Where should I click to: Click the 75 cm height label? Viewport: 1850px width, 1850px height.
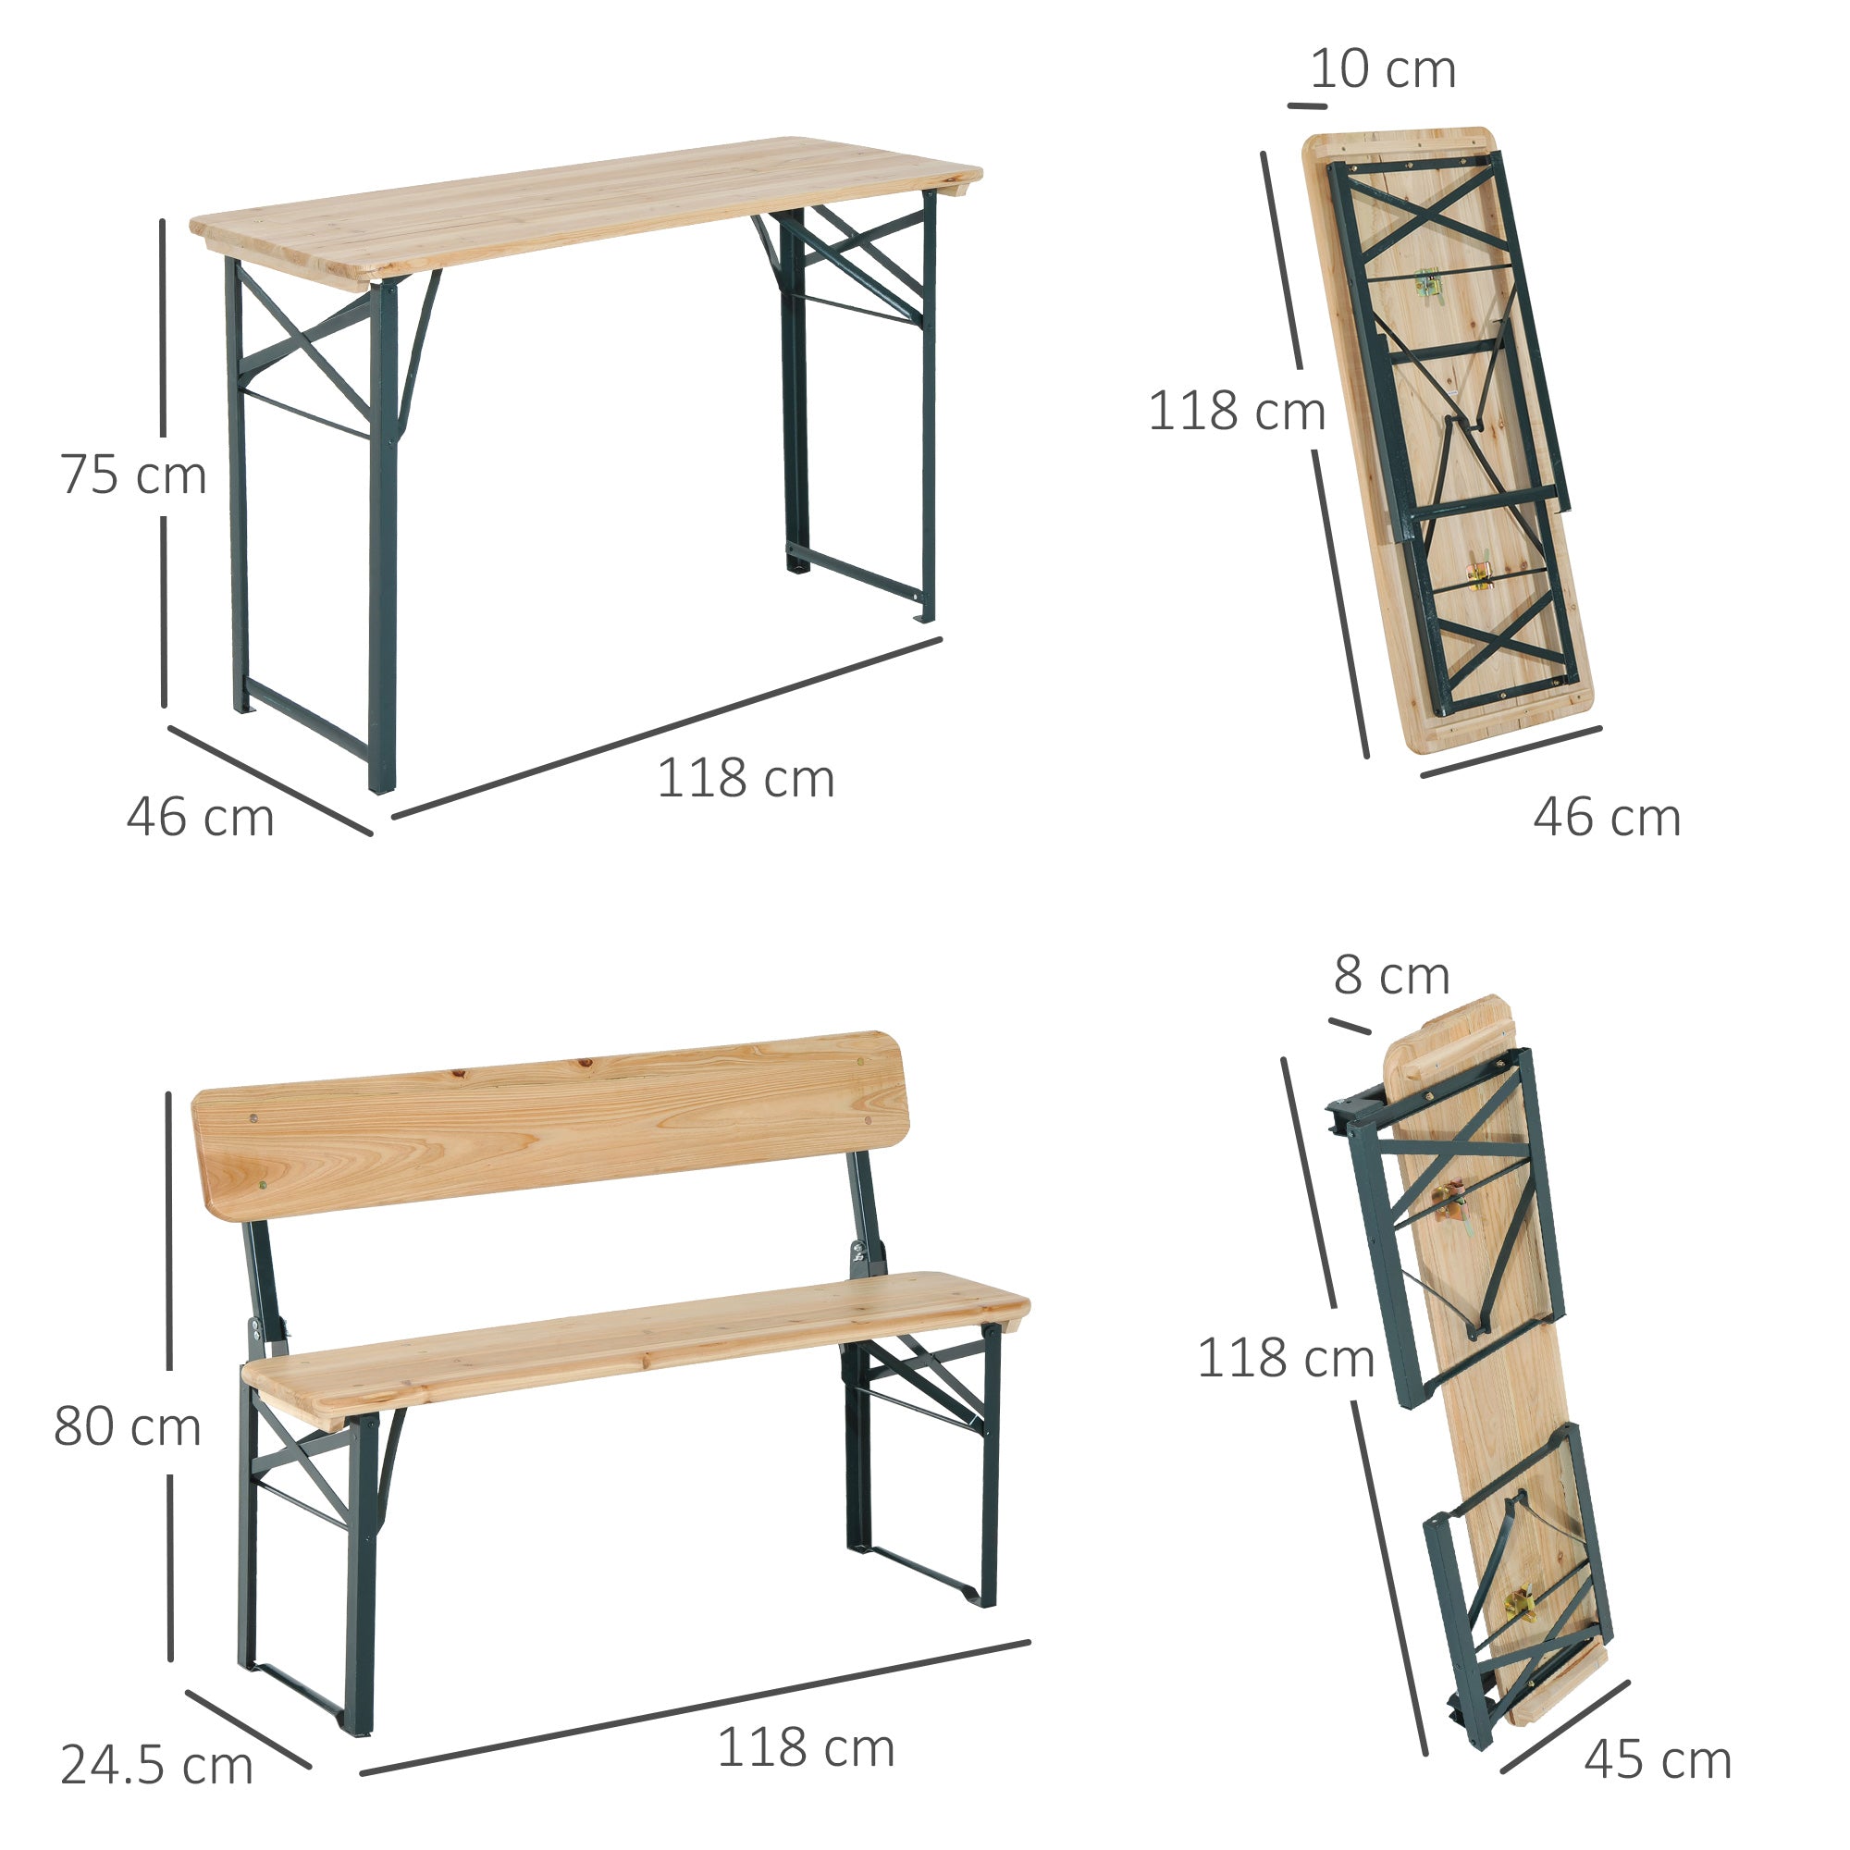tap(133, 475)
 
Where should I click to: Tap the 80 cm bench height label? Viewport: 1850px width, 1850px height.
tap(128, 1426)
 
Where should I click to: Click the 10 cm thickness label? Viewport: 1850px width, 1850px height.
tap(1383, 70)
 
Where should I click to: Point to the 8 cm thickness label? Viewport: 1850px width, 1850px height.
tap(1390, 976)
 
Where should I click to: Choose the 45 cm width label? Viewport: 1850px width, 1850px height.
tap(1658, 1760)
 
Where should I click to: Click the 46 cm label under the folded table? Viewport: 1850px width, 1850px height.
tap(1607, 818)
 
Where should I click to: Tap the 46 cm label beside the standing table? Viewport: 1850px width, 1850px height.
tap(200, 818)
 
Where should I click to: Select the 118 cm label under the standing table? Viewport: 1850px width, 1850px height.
tap(746, 779)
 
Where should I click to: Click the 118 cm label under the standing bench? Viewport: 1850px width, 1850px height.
tap(807, 1748)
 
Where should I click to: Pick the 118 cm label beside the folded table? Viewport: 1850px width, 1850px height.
tap(1236, 412)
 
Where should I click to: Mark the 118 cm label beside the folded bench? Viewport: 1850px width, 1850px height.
tap(1286, 1358)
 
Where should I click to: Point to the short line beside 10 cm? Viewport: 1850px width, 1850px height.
tap(1307, 105)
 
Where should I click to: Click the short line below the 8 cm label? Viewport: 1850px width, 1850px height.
tap(1350, 1027)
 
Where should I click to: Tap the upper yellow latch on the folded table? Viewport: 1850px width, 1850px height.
tap(1427, 283)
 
